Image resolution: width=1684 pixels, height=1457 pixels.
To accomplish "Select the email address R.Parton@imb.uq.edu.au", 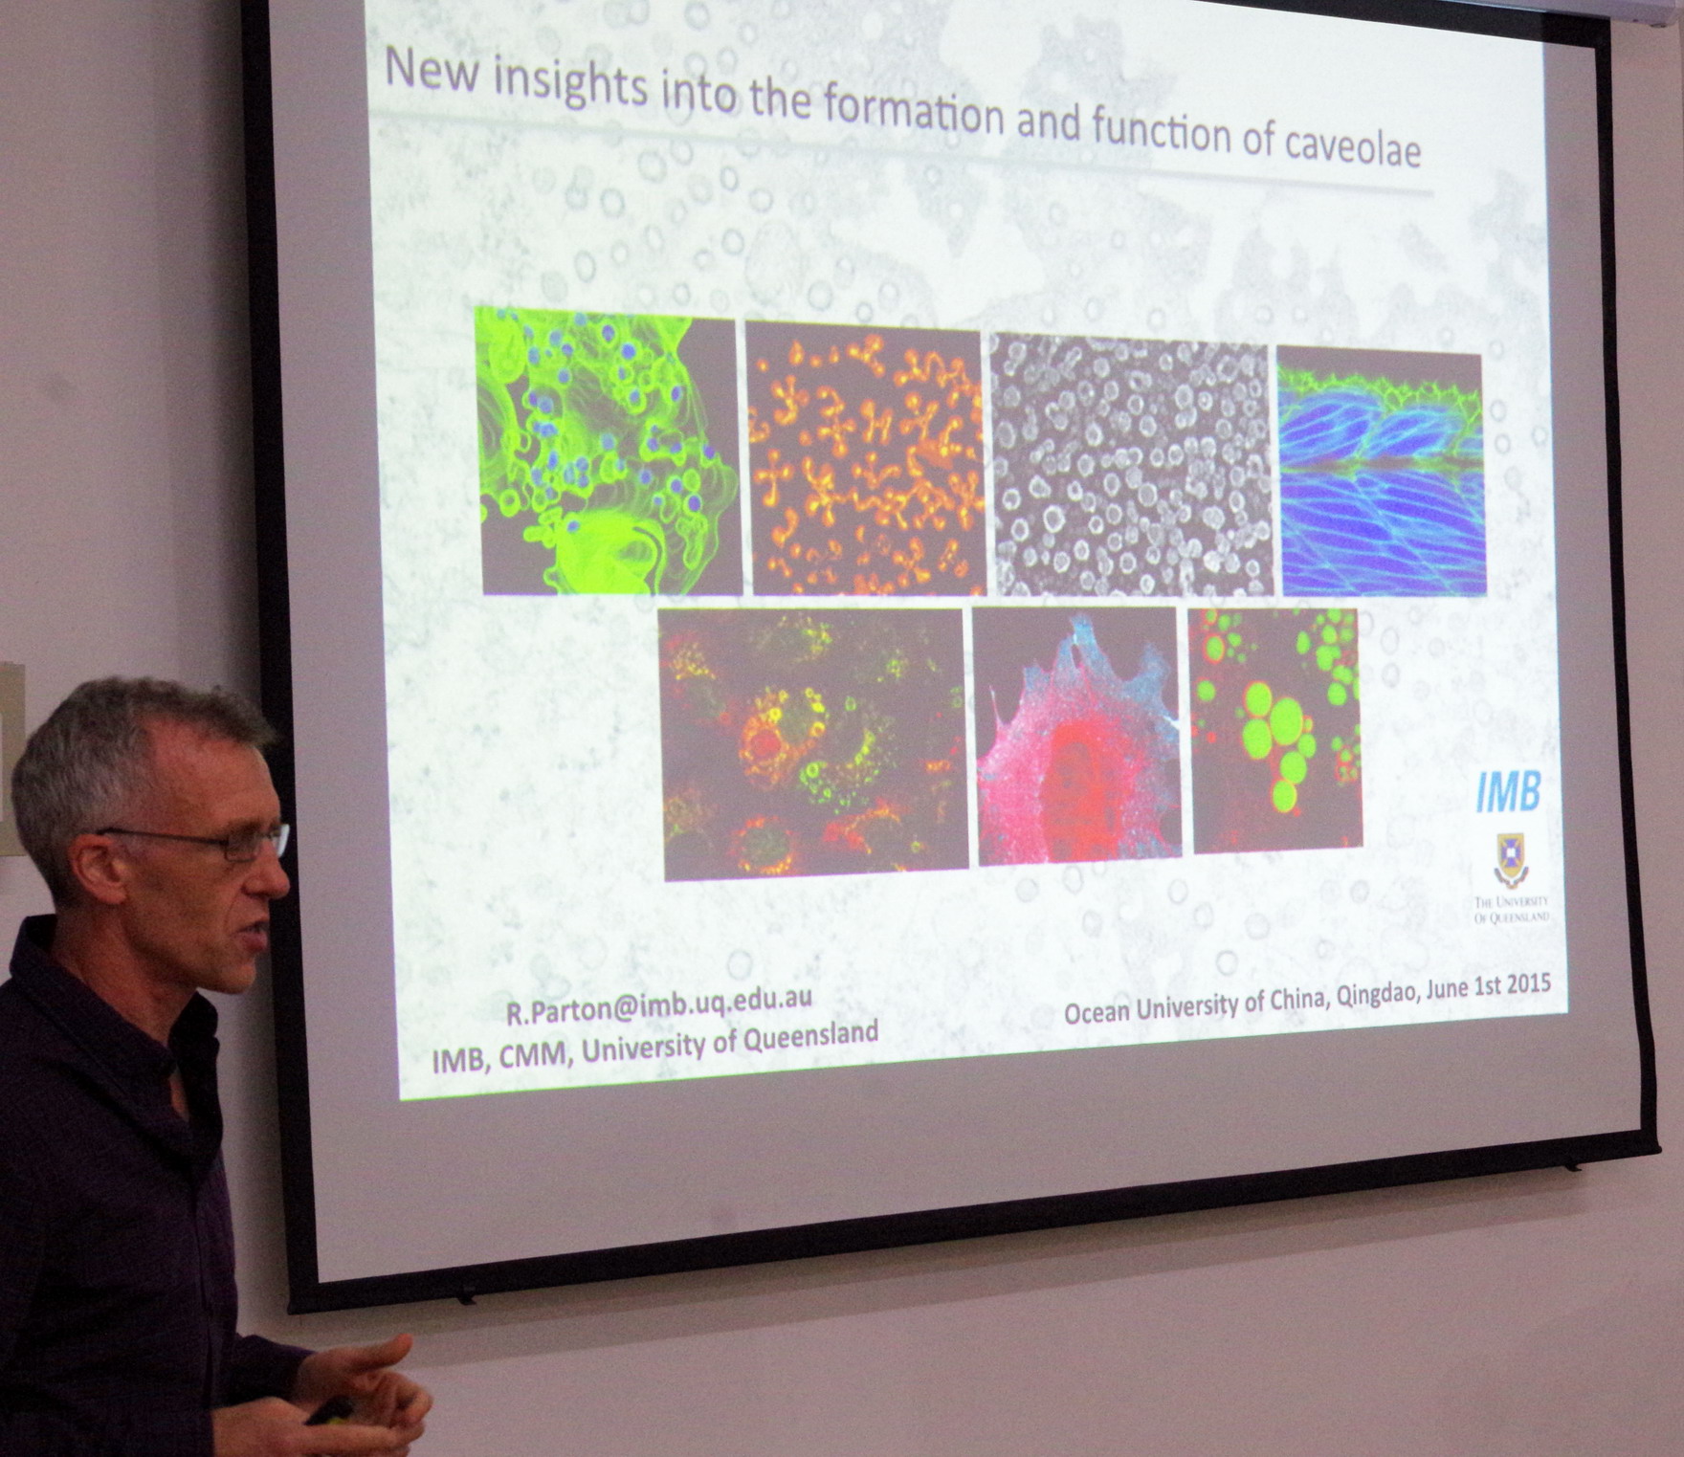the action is click(x=659, y=1004).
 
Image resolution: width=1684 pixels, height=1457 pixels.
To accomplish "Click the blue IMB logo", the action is click(x=1508, y=791).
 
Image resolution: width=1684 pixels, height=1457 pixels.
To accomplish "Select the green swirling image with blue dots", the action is click(x=608, y=451).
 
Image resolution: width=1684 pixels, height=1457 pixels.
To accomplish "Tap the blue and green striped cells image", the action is click(x=1382, y=473).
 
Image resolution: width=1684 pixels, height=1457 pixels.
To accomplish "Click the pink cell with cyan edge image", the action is click(x=1077, y=737).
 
